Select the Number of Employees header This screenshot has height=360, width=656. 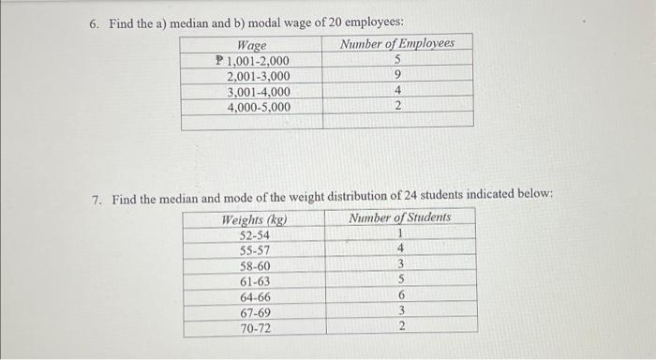click(397, 44)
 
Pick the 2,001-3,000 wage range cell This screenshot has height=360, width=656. click(259, 76)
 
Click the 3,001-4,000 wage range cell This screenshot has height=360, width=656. click(259, 92)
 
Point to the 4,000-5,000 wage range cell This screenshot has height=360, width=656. click(259, 107)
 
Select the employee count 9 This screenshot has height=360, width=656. click(398, 76)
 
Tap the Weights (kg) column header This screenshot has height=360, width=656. click(254, 219)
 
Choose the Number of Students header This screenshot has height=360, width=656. click(399, 217)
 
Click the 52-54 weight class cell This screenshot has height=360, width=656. click(255, 235)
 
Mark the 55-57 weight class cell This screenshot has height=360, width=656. click(255, 251)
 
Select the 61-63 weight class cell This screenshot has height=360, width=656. click(255, 281)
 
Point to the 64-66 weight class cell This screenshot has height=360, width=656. click(255, 297)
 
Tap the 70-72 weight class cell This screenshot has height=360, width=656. click(255, 328)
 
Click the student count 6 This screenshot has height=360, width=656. click(400, 295)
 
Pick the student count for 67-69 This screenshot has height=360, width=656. click(400, 311)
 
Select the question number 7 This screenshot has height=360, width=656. click(97, 199)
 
